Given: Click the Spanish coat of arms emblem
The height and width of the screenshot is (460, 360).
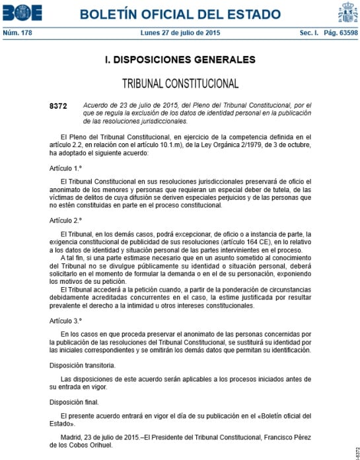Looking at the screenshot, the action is point(347,13).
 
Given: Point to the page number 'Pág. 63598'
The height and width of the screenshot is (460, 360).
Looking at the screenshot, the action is point(339,32).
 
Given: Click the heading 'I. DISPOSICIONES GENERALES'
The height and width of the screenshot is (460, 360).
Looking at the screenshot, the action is point(180,60).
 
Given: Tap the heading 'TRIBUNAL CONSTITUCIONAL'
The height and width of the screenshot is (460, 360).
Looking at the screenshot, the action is point(180,84).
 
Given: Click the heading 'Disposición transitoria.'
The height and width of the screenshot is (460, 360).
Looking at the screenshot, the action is point(83,364).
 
